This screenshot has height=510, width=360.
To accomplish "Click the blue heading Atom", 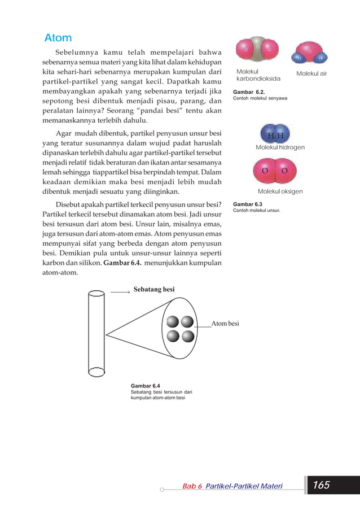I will [59, 38].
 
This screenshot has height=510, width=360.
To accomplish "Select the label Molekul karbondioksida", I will [251, 75].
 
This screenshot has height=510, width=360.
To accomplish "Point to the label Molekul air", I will [311, 74].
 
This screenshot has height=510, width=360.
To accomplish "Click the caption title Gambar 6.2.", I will [249, 91].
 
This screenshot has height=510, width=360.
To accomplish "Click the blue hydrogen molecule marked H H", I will [275, 134].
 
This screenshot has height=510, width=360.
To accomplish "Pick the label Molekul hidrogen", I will [280, 147].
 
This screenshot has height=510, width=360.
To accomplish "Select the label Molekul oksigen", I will [280, 191].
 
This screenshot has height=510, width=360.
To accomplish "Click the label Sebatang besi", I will [154, 289].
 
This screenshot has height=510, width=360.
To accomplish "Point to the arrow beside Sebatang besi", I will [120, 292].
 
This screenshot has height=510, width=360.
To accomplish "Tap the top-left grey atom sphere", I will [173, 322].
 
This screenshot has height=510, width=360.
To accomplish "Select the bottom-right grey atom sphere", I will [188, 337].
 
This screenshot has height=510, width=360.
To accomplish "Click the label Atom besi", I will [225, 324].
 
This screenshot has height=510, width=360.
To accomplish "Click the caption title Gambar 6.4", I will [145, 386].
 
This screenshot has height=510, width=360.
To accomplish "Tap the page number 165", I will [321, 485].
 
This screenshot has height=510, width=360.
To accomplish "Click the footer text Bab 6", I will [192, 486].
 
